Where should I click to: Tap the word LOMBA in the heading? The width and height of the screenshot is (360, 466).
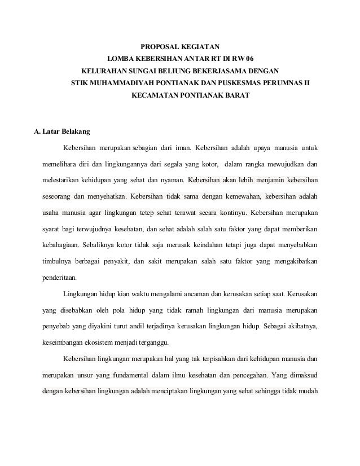tap(120, 59)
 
